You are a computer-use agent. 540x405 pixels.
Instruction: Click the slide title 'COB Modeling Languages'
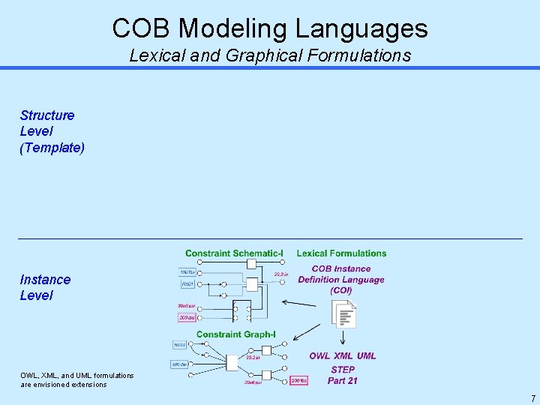coord(270,28)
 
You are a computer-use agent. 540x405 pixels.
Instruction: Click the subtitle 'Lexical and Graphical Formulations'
coord(270,55)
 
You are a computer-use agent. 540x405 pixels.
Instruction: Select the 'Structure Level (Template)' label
coord(52,131)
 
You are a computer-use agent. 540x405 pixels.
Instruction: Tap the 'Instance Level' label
coord(45,287)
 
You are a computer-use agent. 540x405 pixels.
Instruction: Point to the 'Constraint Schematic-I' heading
coord(234,253)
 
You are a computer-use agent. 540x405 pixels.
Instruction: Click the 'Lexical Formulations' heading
coord(341,253)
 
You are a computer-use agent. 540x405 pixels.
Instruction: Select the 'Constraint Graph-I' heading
coord(236,334)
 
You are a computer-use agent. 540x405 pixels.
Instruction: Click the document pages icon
coord(344,314)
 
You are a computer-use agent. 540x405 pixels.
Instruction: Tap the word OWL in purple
coord(319,356)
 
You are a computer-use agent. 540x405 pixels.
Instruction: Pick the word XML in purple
coord(343,356)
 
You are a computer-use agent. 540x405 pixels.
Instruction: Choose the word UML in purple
coord(367,356)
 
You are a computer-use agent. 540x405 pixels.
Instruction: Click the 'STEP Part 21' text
coord(343,375)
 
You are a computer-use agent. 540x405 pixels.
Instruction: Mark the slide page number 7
coord(533,398)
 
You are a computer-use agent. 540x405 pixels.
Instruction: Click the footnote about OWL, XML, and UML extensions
coord(77,379)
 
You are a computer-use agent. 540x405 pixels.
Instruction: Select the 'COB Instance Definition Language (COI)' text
coord(341,279)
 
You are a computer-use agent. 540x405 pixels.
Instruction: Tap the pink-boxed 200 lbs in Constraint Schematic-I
coord(187,318)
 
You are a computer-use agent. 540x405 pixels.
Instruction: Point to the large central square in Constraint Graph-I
coord(232,363)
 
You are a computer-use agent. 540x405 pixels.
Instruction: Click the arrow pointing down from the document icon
coord(343,339)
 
